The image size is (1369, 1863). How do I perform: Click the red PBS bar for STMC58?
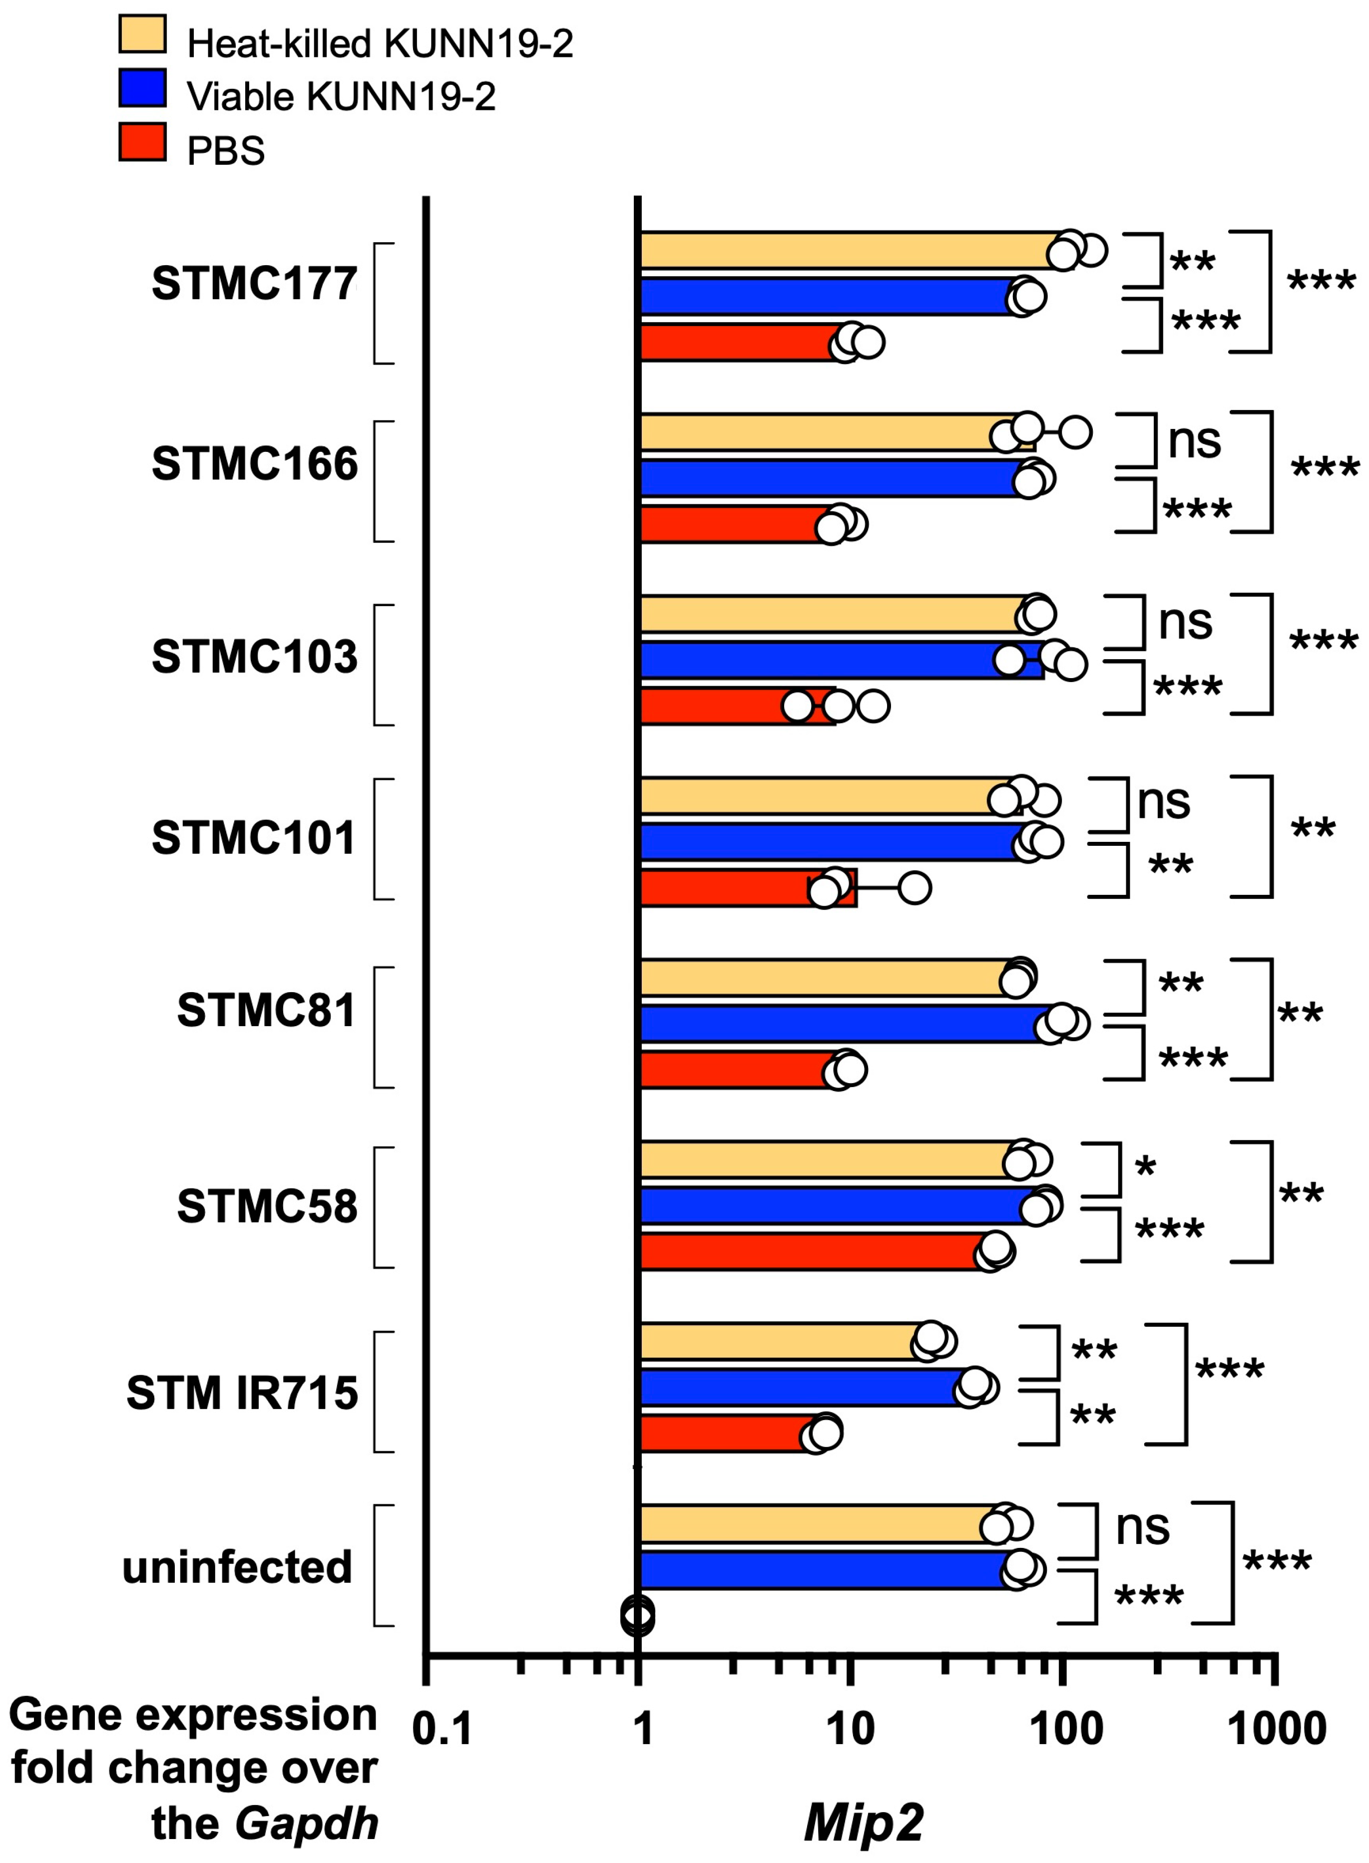(812, 1251)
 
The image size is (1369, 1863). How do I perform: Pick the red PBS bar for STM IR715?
(725, 1433)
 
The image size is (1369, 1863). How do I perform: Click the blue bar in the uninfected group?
(821, 1570)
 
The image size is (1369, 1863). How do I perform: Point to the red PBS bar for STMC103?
(713, 706)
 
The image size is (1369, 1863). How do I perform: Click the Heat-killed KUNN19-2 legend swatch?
(142, 34)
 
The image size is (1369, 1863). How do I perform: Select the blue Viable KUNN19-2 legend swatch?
(142, 88)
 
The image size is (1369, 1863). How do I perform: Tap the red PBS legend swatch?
(142, 142)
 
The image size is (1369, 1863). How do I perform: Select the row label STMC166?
(254, 464)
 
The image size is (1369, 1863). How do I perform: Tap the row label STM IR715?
(242, 1393)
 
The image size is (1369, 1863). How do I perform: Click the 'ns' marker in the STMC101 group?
(1164, 802)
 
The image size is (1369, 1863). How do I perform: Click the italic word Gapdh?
(307, 1823)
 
